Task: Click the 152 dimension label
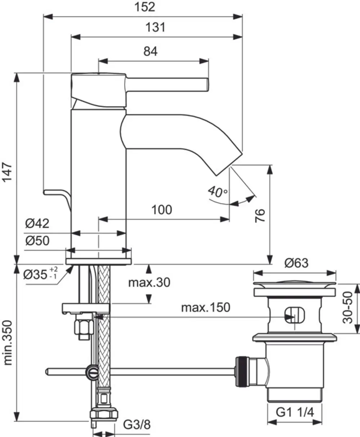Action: point(145,7)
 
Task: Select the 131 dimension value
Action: point(155,27)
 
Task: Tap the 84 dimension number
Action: point(150,51)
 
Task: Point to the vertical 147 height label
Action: point(7,173)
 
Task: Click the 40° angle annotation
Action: point(217,192)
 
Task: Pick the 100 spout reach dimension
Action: point(162,210)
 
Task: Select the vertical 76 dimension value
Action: point(260,216)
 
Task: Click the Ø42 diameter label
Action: point(37,223)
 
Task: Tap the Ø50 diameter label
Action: point(37,241)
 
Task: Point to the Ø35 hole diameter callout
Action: point(40,274)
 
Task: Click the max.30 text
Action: point(149,282)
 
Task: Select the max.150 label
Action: point(206,308)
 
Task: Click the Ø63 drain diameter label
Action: point(296,263)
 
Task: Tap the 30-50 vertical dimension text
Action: point(347,308)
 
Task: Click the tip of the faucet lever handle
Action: point(208,85)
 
